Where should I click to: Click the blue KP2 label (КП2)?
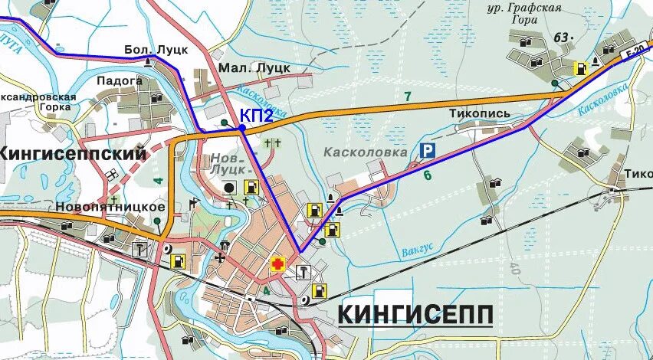coord(257,115)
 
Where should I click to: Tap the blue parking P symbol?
coord(426,152)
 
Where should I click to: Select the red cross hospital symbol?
coord(277,265)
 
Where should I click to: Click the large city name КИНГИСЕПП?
coord(415,314)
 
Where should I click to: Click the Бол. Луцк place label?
coord(156,50)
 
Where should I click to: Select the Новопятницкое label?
coord(110,207)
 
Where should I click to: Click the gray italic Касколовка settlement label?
coord(365,152)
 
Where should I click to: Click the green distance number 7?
coord(408,96)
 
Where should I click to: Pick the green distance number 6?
coord(427,175)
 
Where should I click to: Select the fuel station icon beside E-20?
coord(582,67)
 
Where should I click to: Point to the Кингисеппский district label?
coord(73,153)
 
